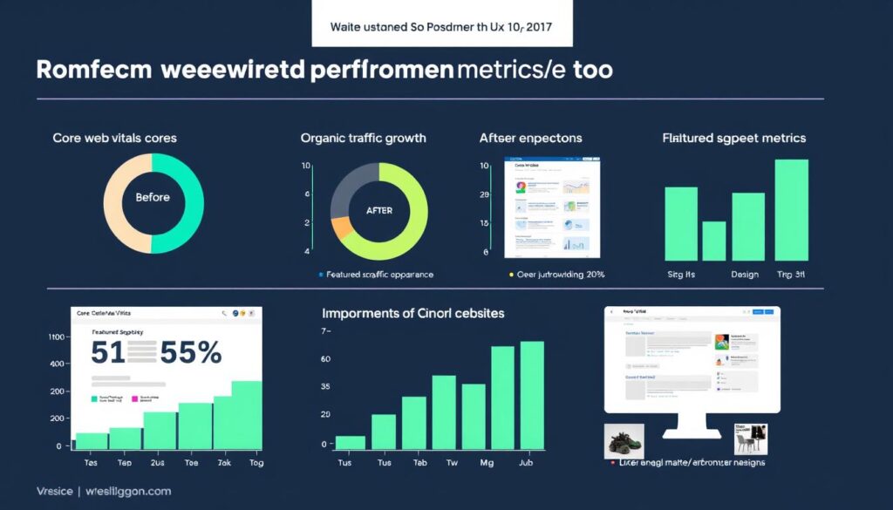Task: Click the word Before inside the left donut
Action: pos(153,197)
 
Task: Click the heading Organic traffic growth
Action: pos(363,138)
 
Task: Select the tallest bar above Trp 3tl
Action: pos(791,209)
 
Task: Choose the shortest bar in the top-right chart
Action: pos(714,241)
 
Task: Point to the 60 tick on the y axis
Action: pos(325,359)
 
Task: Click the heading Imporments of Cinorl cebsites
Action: pos(413,312)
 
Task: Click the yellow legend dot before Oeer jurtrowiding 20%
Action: pos(511,274)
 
